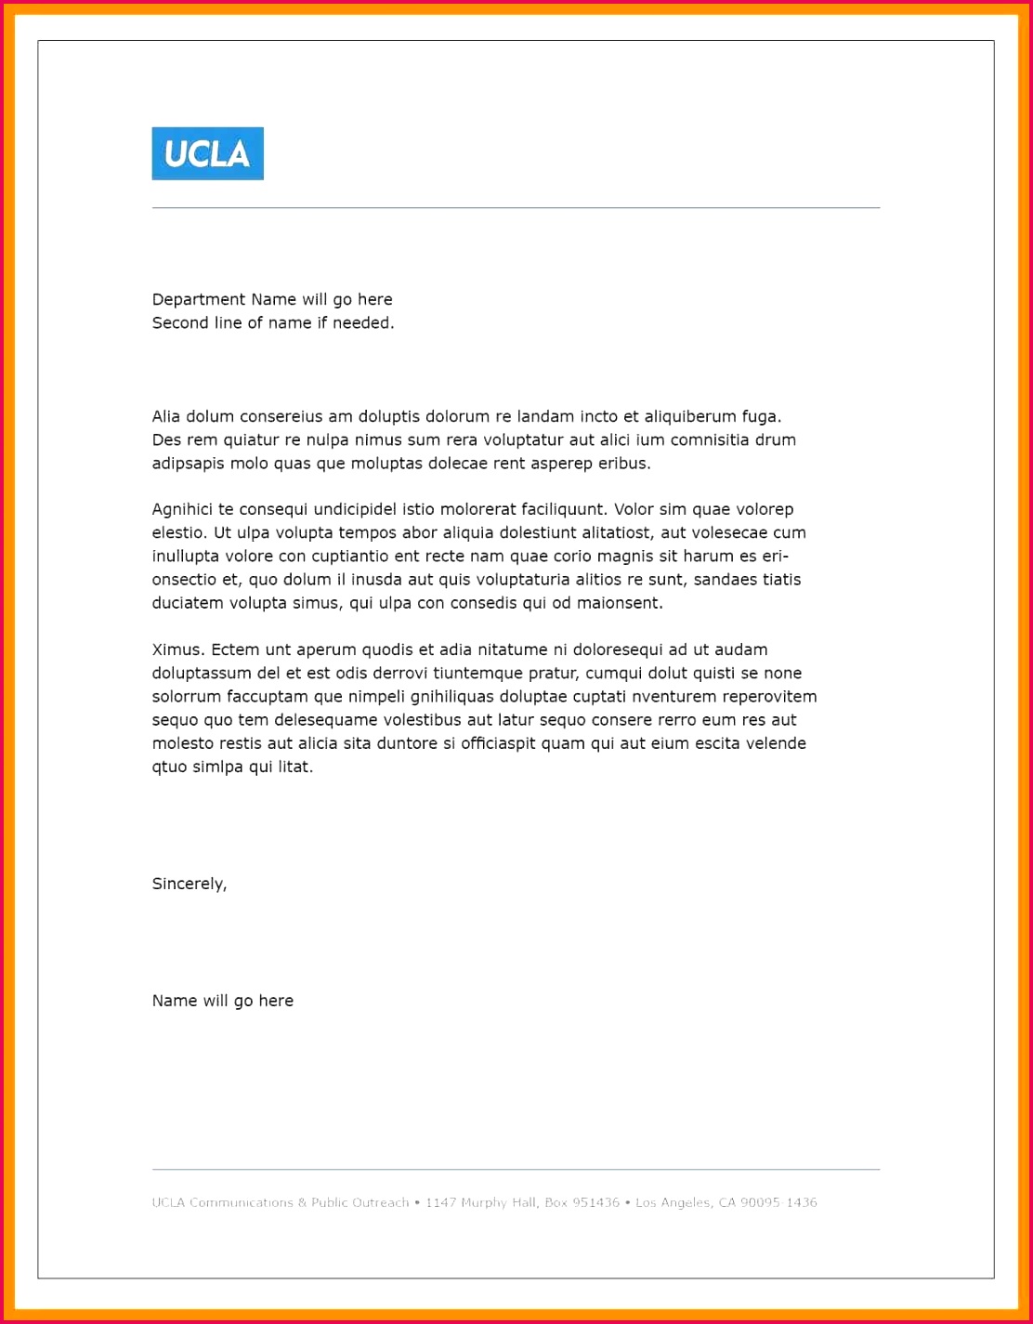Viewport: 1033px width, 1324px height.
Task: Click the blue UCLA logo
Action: pyautogui.click(x=207, y=153)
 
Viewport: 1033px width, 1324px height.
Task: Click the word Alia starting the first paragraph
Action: pyautogui.click(x=166, y=416)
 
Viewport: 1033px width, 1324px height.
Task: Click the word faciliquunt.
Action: pyautogui.click(x=563, y=509)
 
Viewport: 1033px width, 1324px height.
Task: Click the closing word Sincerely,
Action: pyautogui.click(x=190, y=884)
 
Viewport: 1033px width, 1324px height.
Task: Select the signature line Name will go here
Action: pyautogui.click(x=223, y=1001)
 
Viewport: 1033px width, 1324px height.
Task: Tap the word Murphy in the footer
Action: pyautogui.click(x=484, y=1202)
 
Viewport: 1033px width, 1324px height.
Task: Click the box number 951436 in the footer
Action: pyautogui.click(x=595, y=1202)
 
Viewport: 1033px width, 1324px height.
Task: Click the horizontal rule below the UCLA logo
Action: pyautogui.click(x=516, y=208)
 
